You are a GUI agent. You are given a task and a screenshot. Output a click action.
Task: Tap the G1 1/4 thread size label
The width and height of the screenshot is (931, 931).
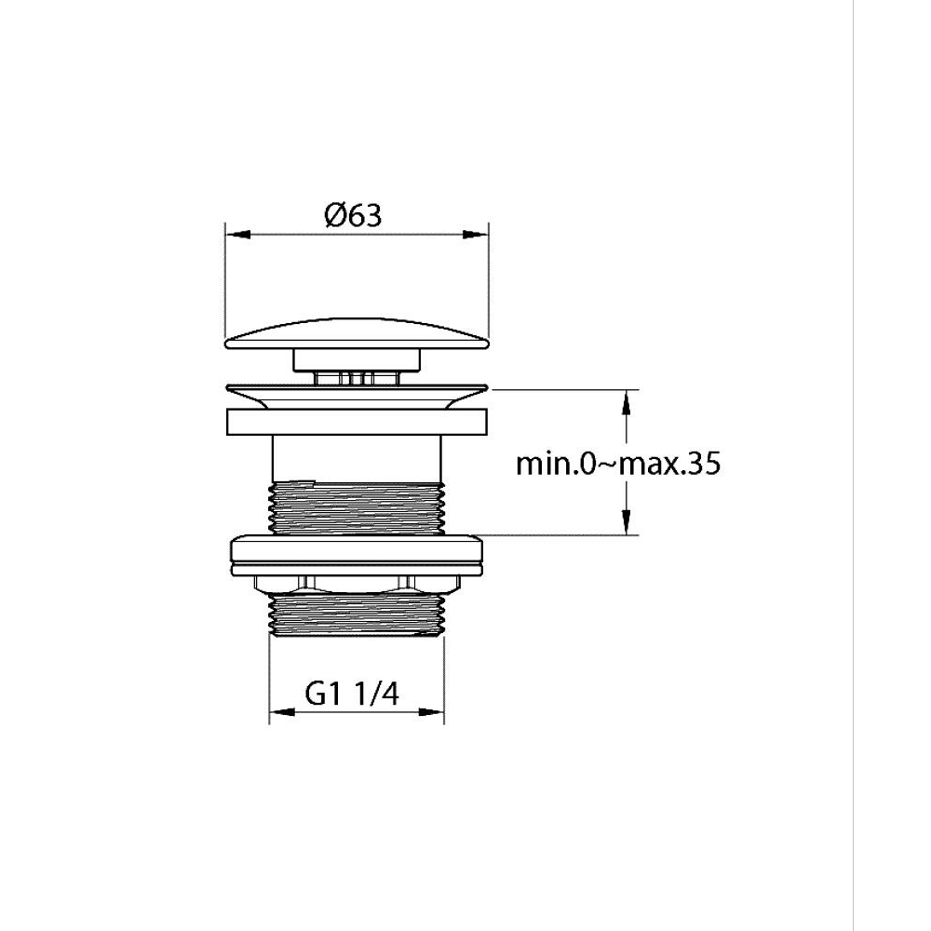tap(352, 693)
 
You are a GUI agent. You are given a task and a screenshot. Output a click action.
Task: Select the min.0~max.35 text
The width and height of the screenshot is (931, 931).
tap(618, 464)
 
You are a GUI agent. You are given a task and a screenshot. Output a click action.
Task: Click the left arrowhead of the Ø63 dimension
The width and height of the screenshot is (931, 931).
tap(236, 235)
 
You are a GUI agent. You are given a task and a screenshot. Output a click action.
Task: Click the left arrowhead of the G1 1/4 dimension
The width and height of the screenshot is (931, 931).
tap(281, 712)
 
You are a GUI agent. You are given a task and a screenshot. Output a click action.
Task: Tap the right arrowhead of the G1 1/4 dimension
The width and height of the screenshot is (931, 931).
tap(433, 712)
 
